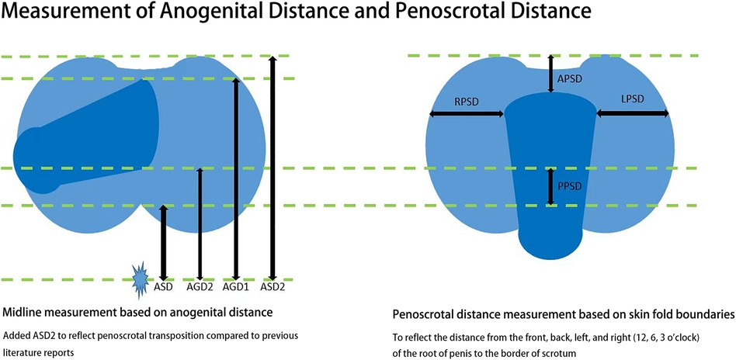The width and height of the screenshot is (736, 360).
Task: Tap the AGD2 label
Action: click(200, 287)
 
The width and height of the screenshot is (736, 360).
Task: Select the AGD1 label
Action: click(236, 287)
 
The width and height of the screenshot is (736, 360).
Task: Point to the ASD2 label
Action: click(273, 287)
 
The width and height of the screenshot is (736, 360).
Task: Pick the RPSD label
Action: click(467, 101)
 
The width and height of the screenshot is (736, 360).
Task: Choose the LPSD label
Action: click(632, 99)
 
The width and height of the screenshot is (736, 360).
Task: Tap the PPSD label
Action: click(570, 186)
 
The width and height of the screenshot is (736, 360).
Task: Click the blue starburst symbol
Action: click(140, 280)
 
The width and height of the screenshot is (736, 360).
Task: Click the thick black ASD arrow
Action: click(163, 243)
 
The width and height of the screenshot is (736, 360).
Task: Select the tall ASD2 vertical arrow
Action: click(273, 168)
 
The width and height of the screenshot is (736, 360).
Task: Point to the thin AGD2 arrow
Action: click(200, 224)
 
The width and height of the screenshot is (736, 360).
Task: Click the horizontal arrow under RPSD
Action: click(467, 113)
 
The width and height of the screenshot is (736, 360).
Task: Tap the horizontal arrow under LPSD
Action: click(633, 112)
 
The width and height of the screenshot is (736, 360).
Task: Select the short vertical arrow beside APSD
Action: click(551, 73)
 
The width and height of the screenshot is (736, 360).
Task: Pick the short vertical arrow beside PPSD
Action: click(551, 186)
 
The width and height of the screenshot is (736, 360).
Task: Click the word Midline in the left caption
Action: click(22, 312)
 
